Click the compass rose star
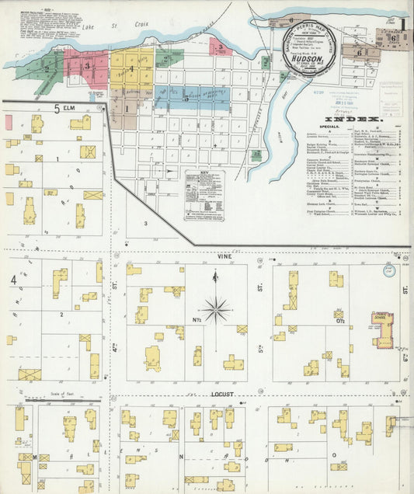point(217,310)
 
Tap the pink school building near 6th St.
point(382,329)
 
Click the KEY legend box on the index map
point(204,195)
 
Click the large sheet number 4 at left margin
point(13,280)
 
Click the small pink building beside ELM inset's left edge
point(9,122)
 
